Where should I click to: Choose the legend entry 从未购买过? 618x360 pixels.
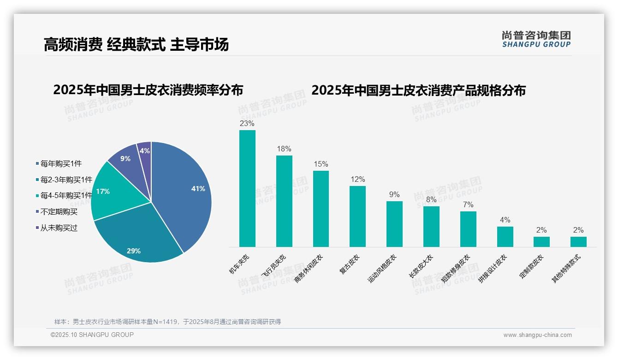[x=59, y=228]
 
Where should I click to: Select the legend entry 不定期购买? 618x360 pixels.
[x=59, y=212]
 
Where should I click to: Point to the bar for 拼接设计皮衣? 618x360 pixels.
[x=505, y=236]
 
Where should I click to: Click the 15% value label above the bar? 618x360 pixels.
[x=321, y=164]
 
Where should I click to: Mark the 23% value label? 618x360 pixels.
[x=247, y=123]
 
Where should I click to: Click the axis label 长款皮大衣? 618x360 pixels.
[x=421, y=266]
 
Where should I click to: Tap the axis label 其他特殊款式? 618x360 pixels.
[x=567, y=269]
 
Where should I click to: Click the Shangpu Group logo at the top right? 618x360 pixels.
[x=536, y=39]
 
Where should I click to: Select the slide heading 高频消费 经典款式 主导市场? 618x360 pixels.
[x=136, y=45]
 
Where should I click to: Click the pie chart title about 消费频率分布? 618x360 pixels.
[x=148, y=90]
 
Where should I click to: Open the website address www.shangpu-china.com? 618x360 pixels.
[x=537, y=335]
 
